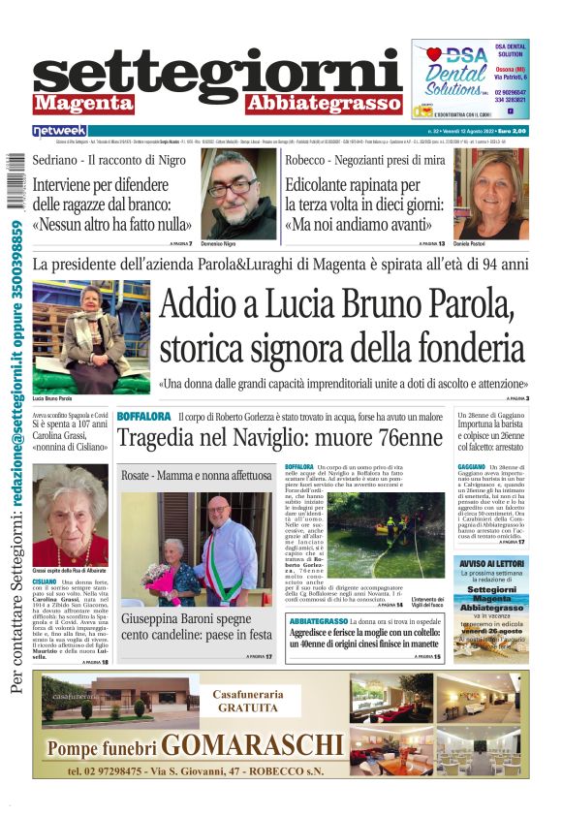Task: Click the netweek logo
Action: click(59, 131)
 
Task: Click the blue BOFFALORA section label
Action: click(143, 417)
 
